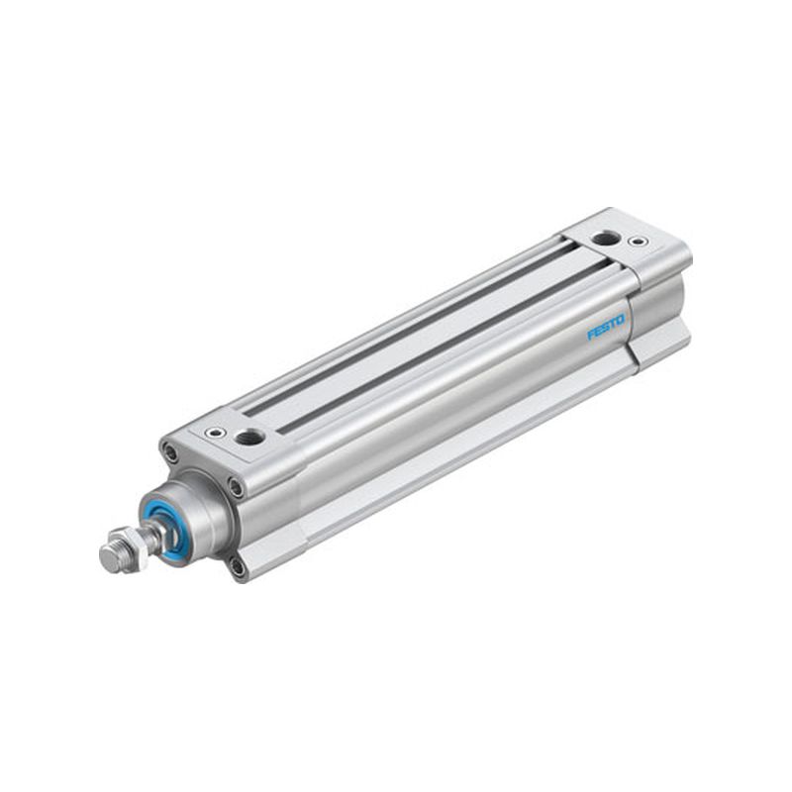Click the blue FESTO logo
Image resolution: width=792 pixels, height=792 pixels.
click(606, 328)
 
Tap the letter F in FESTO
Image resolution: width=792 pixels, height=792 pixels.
click(590, 335)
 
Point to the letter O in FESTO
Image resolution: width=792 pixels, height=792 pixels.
click(620, 319)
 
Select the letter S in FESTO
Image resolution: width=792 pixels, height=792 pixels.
click(605, 328)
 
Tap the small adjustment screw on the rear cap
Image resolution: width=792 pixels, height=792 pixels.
click(639, 242)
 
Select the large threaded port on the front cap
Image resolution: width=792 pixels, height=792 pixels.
click(250, 437)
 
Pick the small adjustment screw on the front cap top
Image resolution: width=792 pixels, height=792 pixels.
click(216, 433)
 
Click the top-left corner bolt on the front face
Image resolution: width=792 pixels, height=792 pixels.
click(170, 451)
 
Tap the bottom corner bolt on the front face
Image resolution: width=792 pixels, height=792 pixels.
click(237, 566)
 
